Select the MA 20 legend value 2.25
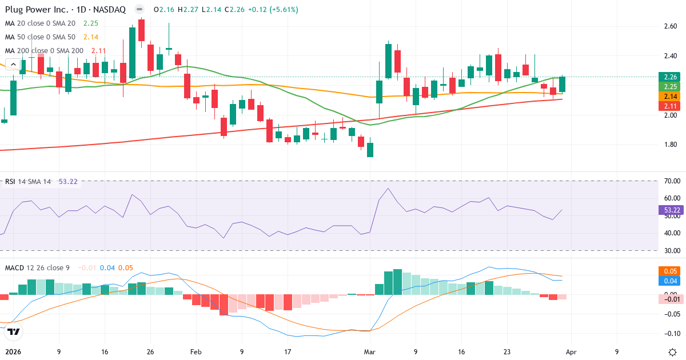point(91,23)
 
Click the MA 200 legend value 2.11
point(99,50)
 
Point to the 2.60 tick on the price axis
point(670,26)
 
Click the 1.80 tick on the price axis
point(670,145)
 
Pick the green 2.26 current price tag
point(670,77)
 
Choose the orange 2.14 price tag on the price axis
point(670,97)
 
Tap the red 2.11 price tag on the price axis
point(670,106)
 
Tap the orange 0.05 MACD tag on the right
point(670,271)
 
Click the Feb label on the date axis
point(196,352)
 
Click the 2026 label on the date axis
point(14,352)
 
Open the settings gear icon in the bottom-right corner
point(673,351)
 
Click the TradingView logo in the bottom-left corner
point(14,331)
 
